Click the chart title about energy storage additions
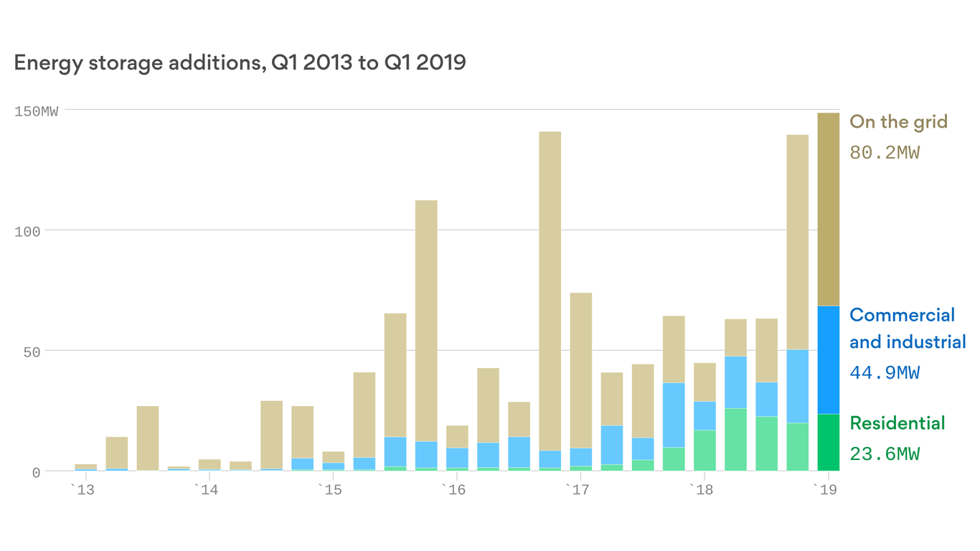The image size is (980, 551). (240, 63)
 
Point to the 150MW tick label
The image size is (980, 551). (37, 111)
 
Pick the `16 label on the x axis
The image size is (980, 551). (456, 490)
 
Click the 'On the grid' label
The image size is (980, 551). (898, 122)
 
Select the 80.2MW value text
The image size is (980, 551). (884, 153)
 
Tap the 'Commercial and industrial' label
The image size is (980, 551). (907, 329)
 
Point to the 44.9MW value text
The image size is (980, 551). (884, 373)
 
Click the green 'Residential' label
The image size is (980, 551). (897, 423)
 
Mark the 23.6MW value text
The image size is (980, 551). (884, 454)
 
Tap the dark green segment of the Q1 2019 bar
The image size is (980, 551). (828, 443)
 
